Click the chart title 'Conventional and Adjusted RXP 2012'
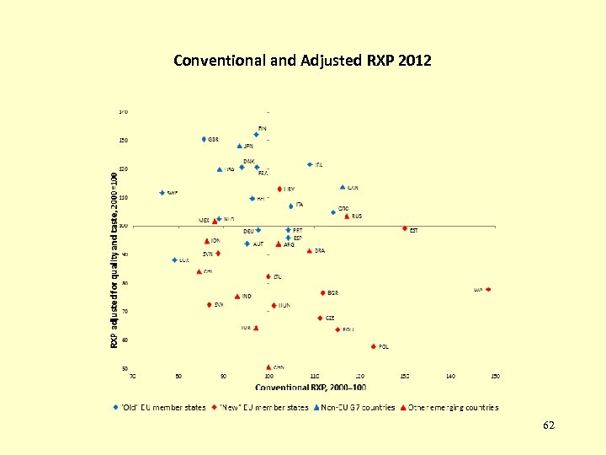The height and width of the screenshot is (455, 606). pos(302,61)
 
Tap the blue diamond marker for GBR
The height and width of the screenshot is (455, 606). pos(204,139)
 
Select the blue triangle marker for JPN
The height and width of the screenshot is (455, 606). pos(240,146)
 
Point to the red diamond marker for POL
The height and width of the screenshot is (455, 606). pos(373,346)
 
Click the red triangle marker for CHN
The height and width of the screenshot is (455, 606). pos(268,367)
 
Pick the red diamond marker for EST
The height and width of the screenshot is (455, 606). pos(405,228)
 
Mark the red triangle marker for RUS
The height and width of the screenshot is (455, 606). pos(347,217)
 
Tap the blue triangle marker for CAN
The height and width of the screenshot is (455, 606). pos(343,188)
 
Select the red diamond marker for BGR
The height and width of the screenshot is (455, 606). pos(322,293)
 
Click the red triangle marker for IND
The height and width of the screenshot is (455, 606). pos(237,297)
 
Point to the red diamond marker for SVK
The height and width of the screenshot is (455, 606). pos(209,305)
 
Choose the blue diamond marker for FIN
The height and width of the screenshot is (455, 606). pos(257,135)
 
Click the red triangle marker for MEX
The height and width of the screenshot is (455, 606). pos(215,221)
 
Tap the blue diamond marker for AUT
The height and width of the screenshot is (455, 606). pos(247,244)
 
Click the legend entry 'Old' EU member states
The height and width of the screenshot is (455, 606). pos(160,408)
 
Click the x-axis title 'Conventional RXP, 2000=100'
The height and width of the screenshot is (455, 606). pos(311,388)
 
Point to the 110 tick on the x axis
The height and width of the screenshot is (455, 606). pos(314,376)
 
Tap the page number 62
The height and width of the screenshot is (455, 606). pos(549,426)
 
